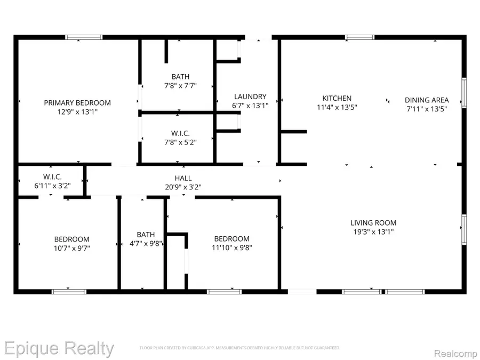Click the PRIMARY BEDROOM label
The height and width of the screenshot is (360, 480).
[x=77, y=103]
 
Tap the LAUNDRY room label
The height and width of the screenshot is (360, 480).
[x=250, y=97]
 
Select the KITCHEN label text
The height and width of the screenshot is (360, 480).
[x=337, y=98]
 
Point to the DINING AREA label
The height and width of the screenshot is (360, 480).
[x=427, y=100]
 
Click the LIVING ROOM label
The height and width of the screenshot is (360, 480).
[x=373, y=223]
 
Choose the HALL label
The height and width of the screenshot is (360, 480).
[x=183, y=178]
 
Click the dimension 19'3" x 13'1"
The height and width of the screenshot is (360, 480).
[x=373, y=232]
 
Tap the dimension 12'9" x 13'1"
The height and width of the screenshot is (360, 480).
[x=77, y=112]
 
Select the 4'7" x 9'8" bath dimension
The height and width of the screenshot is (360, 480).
[x=146, y=243]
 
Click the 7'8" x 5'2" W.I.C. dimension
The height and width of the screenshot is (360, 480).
[x=180, y=142]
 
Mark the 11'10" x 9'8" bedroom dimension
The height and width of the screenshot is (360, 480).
[x=231, y=247]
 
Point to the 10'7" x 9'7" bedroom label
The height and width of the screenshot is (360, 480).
[x=71, y=248]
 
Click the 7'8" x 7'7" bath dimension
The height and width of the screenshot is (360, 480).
[x=180, y=85]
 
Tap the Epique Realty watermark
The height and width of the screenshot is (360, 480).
[x=57, y=349]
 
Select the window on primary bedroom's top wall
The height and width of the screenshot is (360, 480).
[x=84, y=37]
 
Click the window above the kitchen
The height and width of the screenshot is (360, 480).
[x=359, y=37]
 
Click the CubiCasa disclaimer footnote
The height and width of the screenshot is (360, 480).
[x=240, y=348]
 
